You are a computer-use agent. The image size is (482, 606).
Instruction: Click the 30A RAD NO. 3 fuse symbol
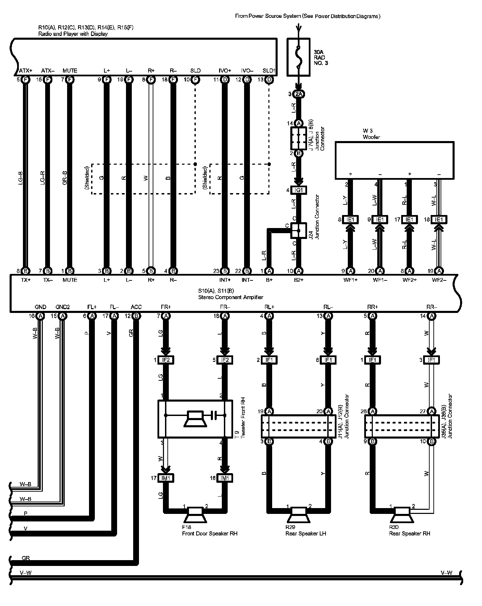(299, 57)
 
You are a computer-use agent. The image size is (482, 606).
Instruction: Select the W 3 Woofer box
(394, 160)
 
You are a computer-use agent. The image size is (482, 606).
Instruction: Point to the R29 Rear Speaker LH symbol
(299, 516)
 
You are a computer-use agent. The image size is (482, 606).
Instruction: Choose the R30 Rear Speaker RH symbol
(402, 516)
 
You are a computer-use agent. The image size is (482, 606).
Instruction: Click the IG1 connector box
(299, 190)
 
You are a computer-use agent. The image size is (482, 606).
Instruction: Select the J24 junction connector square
(299, 231)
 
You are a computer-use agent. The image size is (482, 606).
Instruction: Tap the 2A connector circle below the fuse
(299, 94)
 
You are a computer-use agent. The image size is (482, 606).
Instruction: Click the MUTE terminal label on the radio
(70, 71)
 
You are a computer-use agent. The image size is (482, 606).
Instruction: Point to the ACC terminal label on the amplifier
(136, 307)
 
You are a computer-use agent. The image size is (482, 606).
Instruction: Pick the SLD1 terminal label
(269, 71)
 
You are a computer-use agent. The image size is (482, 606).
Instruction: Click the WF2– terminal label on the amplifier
(439, 280)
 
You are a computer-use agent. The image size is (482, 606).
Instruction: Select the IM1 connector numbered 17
(166, 478)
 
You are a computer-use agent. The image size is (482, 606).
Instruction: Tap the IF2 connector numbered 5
(225, 360)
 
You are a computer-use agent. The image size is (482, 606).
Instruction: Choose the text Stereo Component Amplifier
(231, 297)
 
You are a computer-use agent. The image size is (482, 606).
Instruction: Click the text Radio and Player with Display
(73, 34)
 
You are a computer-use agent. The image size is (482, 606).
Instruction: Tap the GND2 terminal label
(62, 307)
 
